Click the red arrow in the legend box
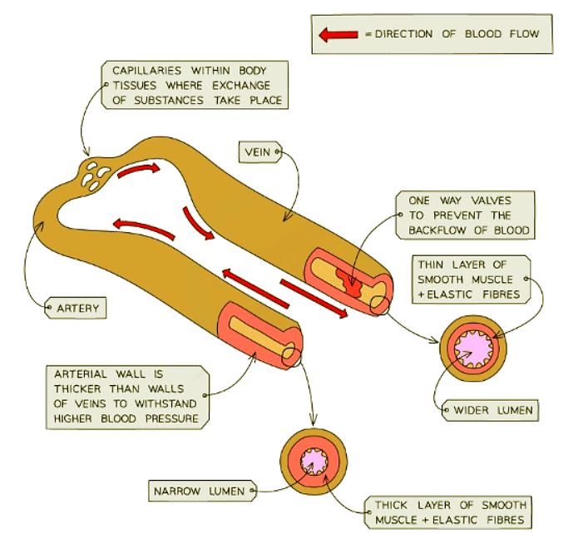click(x=338, y=34)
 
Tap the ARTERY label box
click(x=78, y=309)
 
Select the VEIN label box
click(x=258, y=152)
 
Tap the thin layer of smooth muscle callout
click(x=471, y=279)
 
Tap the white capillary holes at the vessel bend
click(x=92, y=174)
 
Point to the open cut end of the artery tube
click(x=291, y=355)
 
